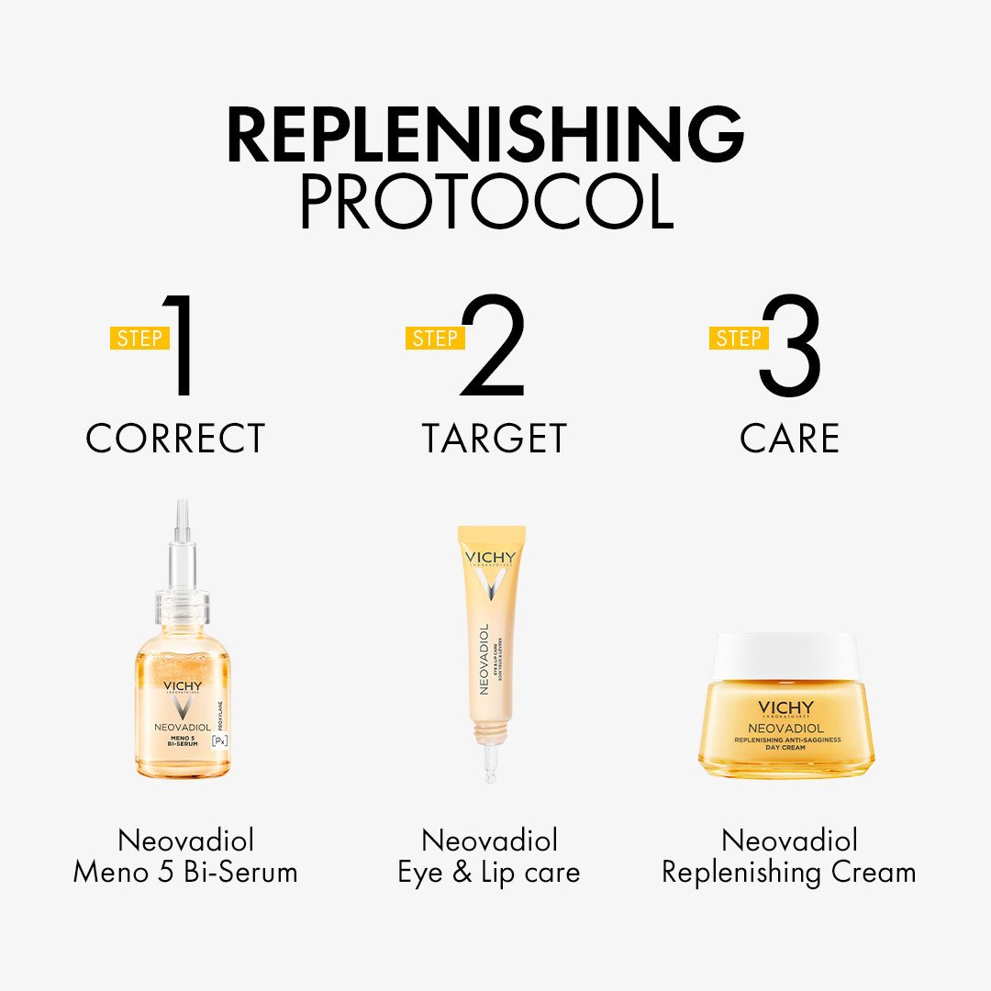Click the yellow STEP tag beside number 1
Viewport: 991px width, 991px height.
[139, 338]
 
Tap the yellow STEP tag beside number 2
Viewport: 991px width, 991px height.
[435, 338]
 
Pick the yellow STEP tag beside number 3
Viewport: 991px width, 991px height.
[738, 338]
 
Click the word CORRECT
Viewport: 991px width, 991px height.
[175, 439]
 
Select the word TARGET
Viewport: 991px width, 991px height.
[494, 439]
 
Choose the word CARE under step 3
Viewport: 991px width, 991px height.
[789, 439]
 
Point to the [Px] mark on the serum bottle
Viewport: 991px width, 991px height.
[219, 741]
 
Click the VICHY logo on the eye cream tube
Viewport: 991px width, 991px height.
[491, 558]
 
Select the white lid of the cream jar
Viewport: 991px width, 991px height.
[789, 655]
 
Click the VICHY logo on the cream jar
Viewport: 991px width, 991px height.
[785, 707]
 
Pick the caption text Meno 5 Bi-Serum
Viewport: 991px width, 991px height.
[185, 872]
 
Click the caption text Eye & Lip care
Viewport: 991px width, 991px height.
[489, 872]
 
